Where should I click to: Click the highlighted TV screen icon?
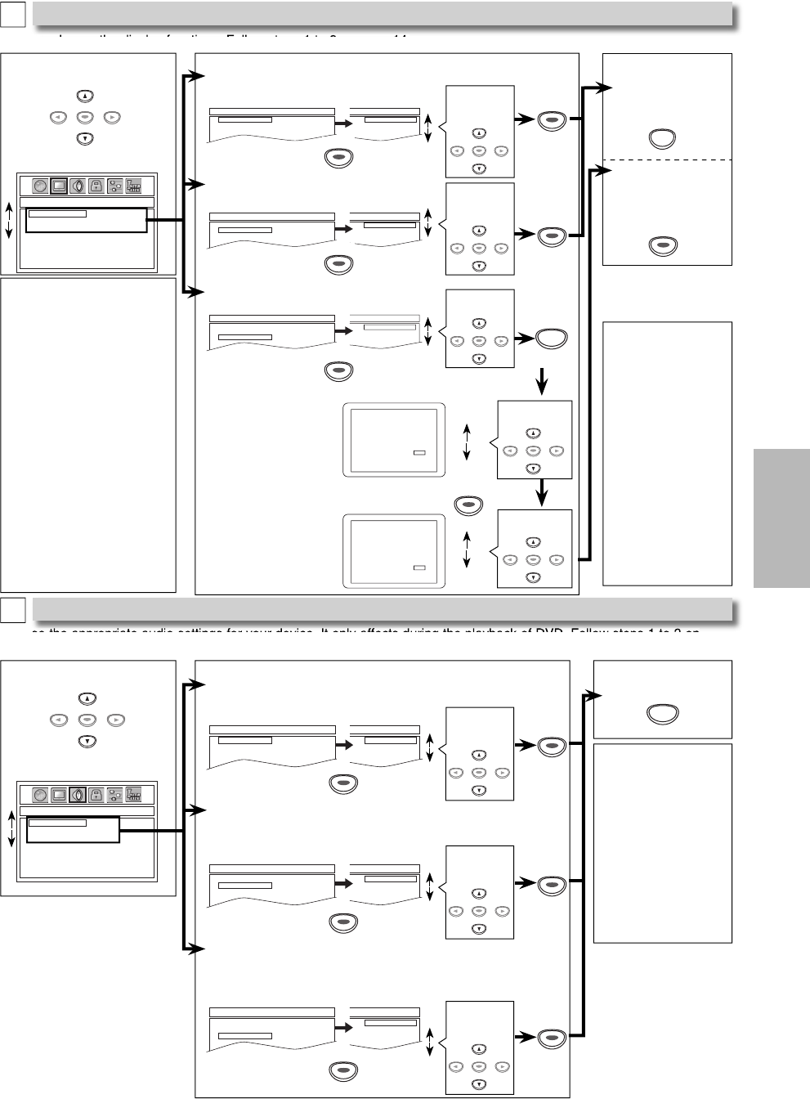[59, 186]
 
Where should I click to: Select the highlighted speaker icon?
[78, 794]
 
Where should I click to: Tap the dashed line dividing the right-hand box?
[667, 159]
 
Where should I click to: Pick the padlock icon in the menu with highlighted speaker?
[96, 794]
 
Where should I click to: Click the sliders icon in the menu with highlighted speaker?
[115, 794]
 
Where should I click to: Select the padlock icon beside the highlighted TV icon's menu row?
[96, 186]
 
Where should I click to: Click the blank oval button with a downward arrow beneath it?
[552, 339]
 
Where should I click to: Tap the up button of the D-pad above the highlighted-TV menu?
[83, 95]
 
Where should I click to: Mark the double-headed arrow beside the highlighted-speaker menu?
[11, 829]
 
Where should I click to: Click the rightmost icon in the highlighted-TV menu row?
[134, 186]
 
